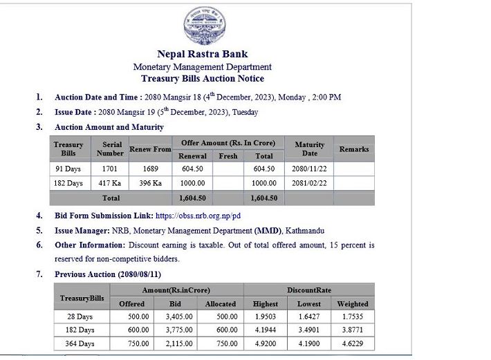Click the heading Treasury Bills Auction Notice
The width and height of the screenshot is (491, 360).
(202, 79)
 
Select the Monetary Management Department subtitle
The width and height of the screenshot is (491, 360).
(202, 67)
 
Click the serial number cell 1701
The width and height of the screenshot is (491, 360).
(109, 169)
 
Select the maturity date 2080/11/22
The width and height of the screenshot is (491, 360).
(309, 169)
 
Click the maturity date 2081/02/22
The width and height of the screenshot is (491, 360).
(309, 183)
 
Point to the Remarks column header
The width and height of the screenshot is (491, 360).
(353, 149)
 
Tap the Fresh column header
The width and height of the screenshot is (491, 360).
(228, 156)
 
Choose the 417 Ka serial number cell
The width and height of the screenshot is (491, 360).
(109, 183)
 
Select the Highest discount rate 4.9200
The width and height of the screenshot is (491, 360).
(266, 343)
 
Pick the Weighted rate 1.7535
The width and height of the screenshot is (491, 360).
(352, 316)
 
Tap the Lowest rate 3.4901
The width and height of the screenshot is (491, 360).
(308, 330)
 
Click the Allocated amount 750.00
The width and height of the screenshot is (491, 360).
(221, 343)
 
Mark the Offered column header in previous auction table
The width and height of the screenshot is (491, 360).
(131, 303)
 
